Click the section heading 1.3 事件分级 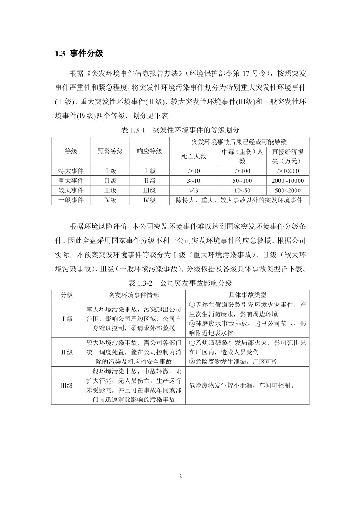pos(79,54)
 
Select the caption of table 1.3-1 pos(179,130)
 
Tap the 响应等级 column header pos(149,152)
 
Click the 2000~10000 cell pos(288,181)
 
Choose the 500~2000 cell pos(288,190)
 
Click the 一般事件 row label pos(71,200)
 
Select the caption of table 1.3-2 pos(180,283)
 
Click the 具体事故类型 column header pos(247,295)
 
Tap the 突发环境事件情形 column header pos(134,295)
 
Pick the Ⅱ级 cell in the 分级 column pos(67,352)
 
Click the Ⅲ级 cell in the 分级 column pos(67,385)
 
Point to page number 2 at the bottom pos(180,476)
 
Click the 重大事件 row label pos(71,181)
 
